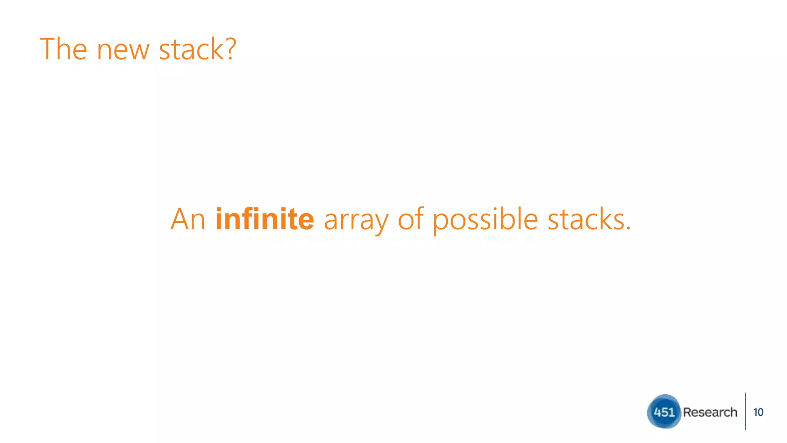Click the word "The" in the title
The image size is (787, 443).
pos(63,49)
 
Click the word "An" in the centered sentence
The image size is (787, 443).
pos(188,219)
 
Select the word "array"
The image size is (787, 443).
pos(356,221)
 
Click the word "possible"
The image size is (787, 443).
pos(485,220)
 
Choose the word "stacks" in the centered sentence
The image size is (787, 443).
pos(585,219)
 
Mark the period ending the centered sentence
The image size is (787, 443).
pos(629,228)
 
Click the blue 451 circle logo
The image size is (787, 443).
pos(664,411)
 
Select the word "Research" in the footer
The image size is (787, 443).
pos(710,412)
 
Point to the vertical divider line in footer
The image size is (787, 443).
pos(745,411)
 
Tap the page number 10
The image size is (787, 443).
pos(758,412)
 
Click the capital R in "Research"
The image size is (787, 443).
pos(687,412)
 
